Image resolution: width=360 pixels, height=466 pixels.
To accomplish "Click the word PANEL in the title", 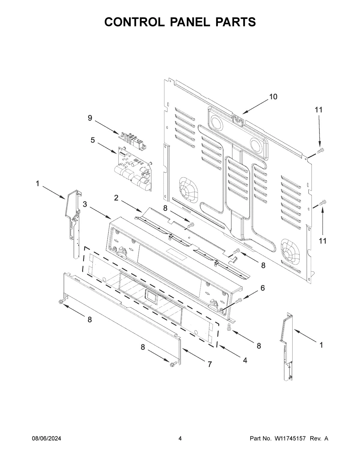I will (180, 22).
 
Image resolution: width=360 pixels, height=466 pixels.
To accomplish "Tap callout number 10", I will (273, 97).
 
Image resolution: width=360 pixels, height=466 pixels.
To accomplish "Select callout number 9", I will (90, 118).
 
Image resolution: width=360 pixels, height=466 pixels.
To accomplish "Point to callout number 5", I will (93, 140).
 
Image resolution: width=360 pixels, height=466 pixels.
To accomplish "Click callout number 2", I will (116, 198).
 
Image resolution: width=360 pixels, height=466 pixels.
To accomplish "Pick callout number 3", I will (85, 204).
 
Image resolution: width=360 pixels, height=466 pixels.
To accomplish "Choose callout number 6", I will (262, 288).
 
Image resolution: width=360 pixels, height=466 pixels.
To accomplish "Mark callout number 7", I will (209, 364).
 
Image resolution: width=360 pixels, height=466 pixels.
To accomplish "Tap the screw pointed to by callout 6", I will (238, 300).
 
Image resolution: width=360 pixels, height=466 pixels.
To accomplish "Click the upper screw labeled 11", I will (321, 150).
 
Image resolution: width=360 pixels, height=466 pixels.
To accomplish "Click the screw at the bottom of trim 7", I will (173, 364).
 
